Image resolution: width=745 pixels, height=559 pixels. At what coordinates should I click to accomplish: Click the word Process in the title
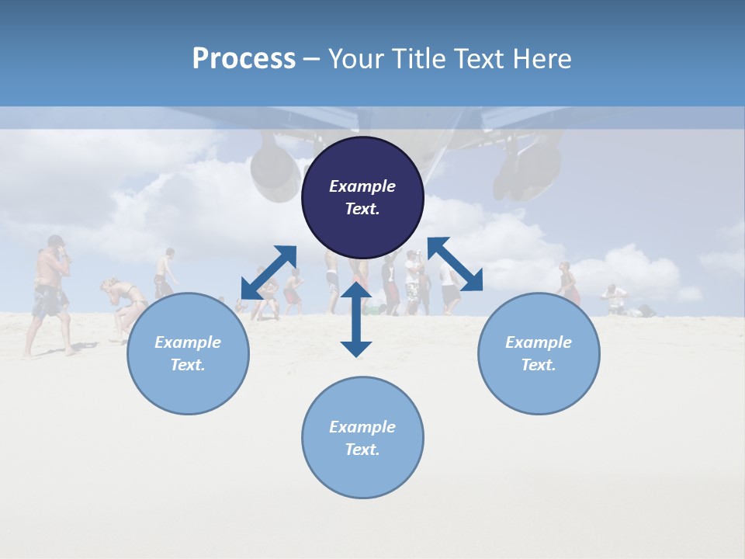click(x=244, y=59)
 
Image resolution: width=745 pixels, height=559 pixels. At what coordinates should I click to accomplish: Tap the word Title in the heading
click(x=418, y=59)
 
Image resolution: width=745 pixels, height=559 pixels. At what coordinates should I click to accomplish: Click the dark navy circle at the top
click(x=362, y=197)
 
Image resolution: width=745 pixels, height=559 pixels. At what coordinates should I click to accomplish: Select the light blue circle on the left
click(x=188, y=353)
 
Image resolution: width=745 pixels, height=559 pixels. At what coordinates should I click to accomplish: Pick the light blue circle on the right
click(x=539, y=353)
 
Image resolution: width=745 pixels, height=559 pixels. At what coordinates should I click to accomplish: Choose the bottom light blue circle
click(x=362, y=438)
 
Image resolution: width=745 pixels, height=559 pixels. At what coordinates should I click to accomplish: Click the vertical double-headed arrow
click(x=356, y=319)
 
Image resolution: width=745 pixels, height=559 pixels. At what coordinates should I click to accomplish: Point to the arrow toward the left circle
click(x=269, y=273)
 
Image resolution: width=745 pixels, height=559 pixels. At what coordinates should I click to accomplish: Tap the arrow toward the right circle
click(x=455, y=264)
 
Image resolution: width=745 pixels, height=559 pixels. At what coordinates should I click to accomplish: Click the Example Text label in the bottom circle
click(x=362, y=438)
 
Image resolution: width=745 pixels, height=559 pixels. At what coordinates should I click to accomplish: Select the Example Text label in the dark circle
click(x=362, y=197)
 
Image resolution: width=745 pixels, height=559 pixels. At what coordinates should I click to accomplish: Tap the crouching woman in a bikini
click(x=124, y=307)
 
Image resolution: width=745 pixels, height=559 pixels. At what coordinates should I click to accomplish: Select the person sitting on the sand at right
click(x=615, y=300)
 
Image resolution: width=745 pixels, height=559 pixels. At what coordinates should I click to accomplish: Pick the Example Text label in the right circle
click(x=539, y=353)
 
